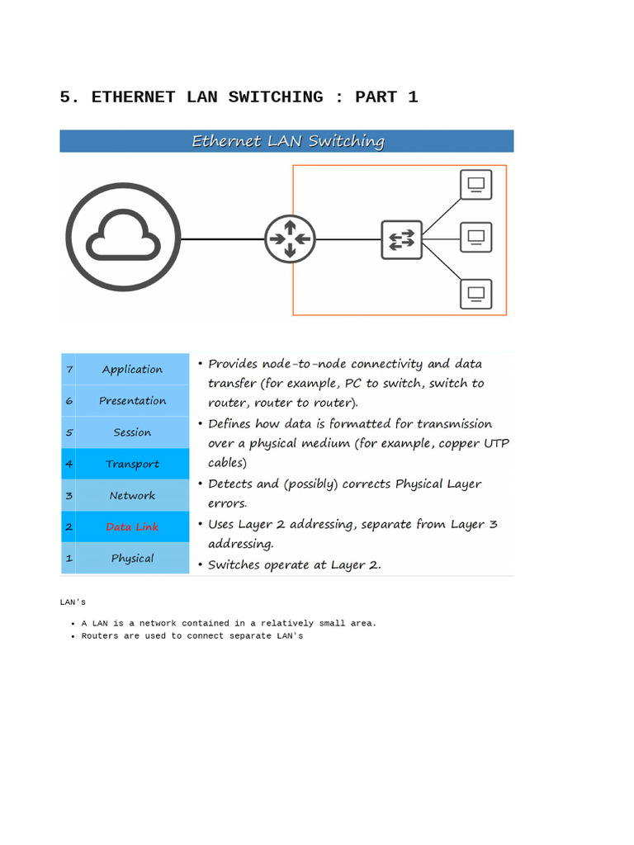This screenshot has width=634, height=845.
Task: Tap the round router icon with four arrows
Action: tap(290, 239)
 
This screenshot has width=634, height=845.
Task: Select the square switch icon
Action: tap(402, 239)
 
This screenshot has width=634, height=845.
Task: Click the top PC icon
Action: tap(475, 185)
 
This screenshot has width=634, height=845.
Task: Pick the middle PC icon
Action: tap(475, 238)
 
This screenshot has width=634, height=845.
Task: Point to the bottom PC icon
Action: tap(475, 294)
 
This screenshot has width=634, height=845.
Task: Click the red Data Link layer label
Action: tap(132, 526)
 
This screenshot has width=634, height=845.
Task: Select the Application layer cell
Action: tap(132, 369)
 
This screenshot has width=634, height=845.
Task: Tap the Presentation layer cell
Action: tap(132, 400)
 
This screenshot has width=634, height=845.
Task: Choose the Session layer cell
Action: tap(132, 432)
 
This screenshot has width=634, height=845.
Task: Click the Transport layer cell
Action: tap(132, 464)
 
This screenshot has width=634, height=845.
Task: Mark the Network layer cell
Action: tap(132, 495)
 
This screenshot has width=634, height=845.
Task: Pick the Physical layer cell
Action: tap(132, 558)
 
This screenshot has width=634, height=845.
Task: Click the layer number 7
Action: tap(69, 370)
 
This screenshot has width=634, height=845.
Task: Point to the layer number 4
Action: tap(69, 464)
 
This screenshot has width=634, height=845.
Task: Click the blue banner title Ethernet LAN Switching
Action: tap(287, 141)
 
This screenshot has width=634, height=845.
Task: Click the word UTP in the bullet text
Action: tap(496, 443)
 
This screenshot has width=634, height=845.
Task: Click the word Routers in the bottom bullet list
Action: tap(100, 636)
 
